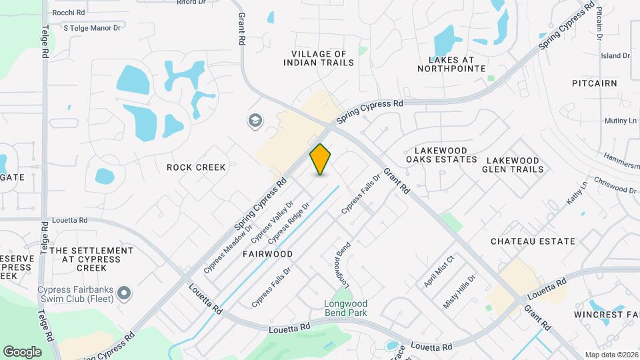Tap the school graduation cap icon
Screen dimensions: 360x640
pyautogui.click(x=255, y=121)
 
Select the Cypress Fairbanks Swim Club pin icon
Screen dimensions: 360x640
pyautogui.click(x=123, y=293)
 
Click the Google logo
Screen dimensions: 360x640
pyautogui.click(x=22, y=351)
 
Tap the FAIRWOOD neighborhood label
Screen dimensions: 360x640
pyautogui.click(x=267, y=254)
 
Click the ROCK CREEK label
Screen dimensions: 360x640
pyautogui.click(x=196, y=167)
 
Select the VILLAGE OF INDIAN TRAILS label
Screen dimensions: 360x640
pyautogui.click(x=318, y=58)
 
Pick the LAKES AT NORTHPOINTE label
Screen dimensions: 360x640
pyautogui.click(x=451, y=63)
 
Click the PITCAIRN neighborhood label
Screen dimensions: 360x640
pyautogui.click(x=594, y=83)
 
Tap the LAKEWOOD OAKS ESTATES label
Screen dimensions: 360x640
pyautogui.click(x=442, y=155)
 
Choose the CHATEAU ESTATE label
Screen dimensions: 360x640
pyautogui.click(x=533, y=241)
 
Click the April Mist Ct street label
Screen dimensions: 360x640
pyautogui.click(x=439, y=271)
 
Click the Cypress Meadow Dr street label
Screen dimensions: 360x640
pyautogui.click(x=228, y=248)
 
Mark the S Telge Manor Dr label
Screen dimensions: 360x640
pyautogui.click(x=92, y=28)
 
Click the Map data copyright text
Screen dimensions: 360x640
pyautogui.click(x=610, y=354)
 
